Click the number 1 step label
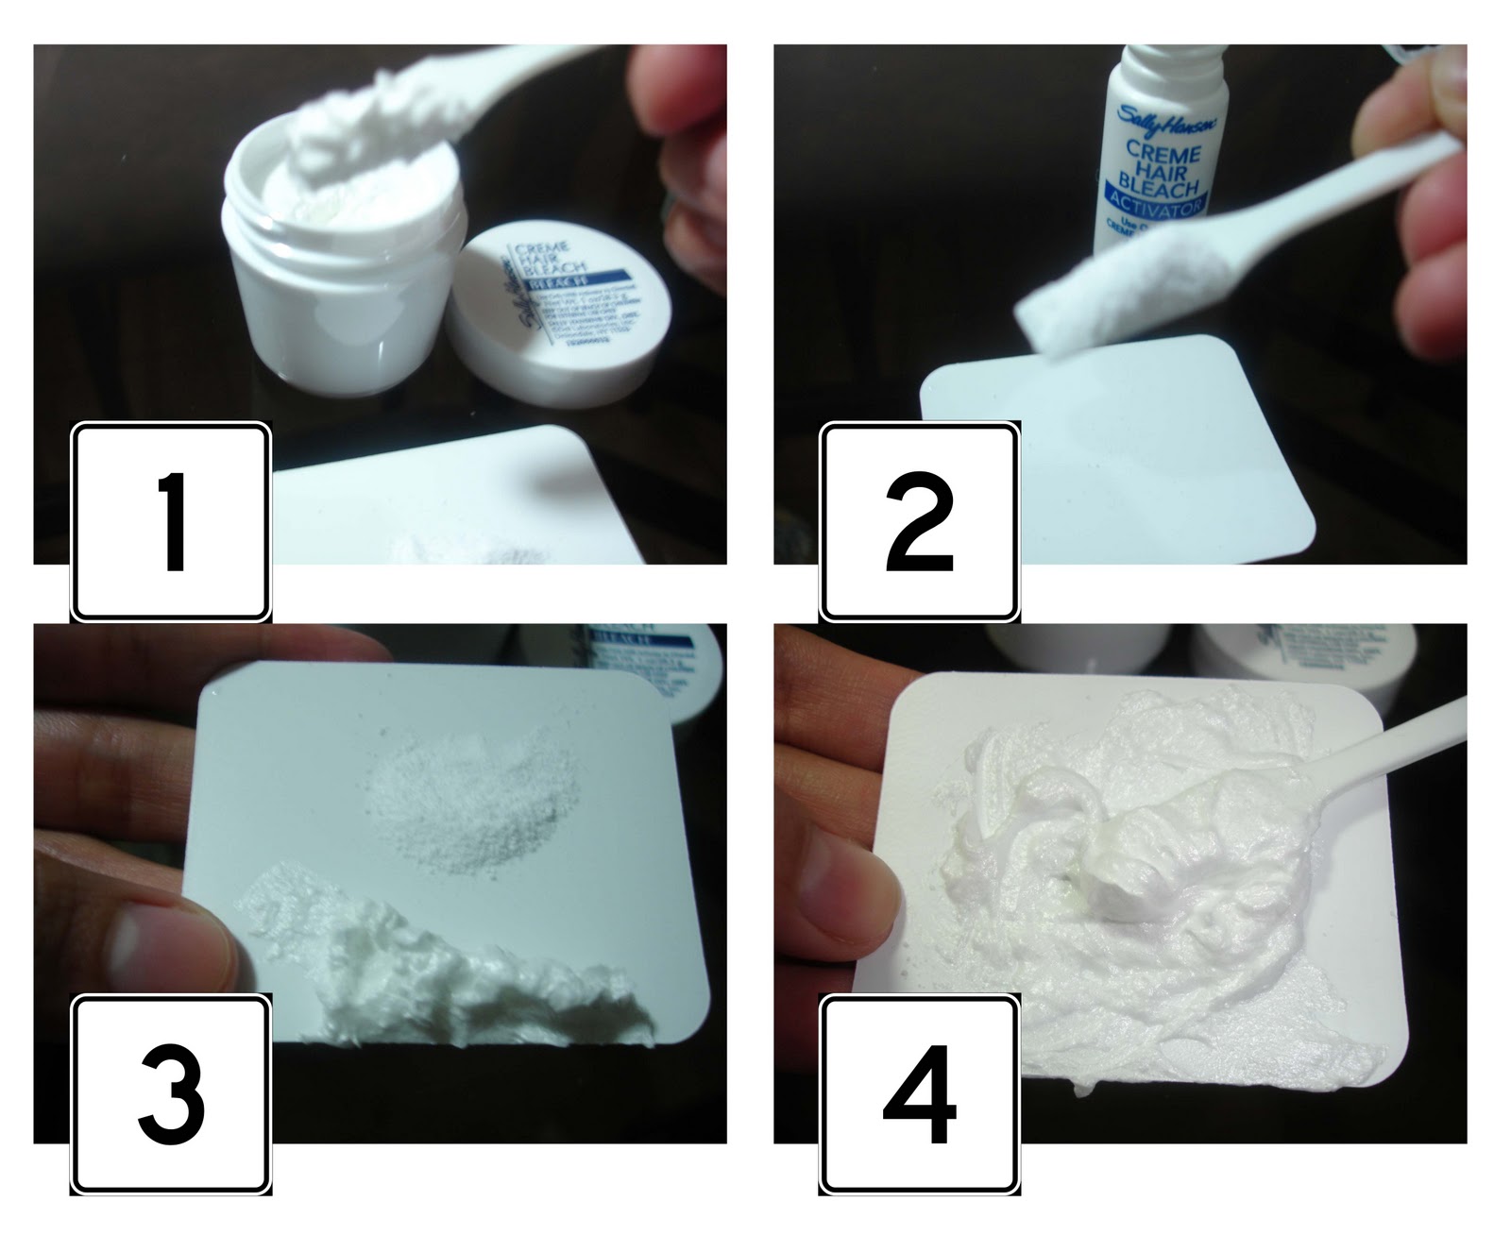coord(171,521)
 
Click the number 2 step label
coord(919,521)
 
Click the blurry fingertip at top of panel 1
coord(671,85)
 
